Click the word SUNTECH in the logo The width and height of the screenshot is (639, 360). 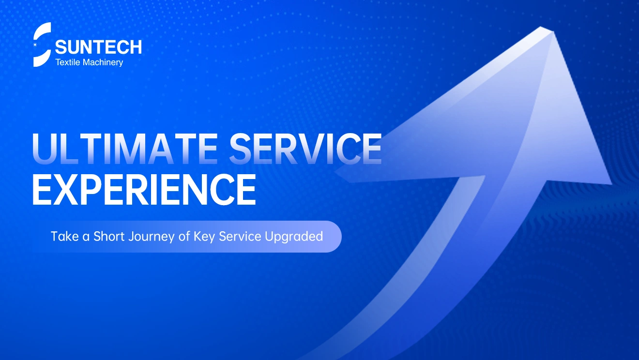click(98, 47)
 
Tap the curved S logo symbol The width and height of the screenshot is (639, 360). click(42, 45)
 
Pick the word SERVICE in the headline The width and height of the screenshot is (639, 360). click(305, 149)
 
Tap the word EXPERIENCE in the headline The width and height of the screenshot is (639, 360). click(144, 190)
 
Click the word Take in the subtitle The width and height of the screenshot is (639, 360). click(65, 236)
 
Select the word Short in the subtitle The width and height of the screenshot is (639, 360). click(109, 236)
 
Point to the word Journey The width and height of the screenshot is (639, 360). click(152, 237)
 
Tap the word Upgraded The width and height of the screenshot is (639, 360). click(294, 237)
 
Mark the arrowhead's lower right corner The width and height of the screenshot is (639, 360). click(611, 184)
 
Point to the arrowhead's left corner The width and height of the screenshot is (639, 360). click(335, 172)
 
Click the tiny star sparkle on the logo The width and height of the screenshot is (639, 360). click(35, 45)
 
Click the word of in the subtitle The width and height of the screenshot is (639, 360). click(184, 236)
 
